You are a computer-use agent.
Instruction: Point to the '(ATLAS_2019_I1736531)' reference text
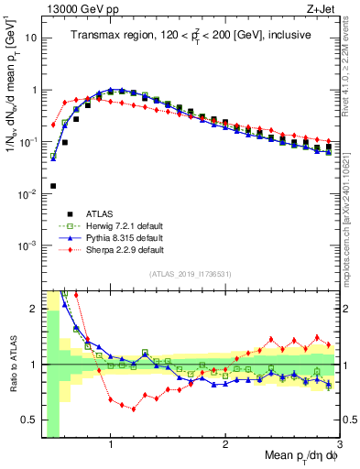[190, 274]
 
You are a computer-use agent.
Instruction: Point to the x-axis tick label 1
[111, 445]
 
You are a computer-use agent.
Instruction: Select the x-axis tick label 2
[225, 445]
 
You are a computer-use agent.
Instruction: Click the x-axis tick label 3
[338, 445]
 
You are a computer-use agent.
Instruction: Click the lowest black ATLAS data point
[53, 186]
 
